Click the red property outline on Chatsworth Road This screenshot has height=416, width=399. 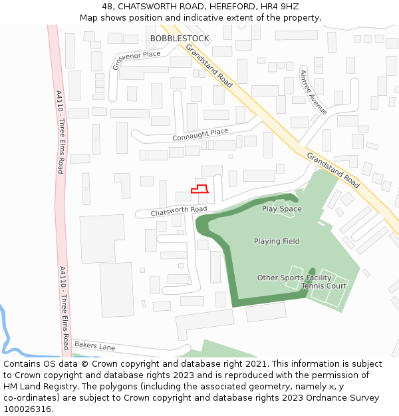201,189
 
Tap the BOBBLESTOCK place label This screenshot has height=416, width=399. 179,39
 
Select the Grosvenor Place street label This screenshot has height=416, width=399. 136,59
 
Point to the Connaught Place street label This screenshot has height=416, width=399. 200,134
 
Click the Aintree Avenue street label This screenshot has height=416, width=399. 313,92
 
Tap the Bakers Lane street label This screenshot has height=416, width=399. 94,346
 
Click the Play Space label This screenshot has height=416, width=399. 281,209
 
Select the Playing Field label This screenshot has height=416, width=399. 277,242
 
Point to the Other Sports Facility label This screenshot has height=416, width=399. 294,278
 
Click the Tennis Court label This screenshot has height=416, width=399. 324,286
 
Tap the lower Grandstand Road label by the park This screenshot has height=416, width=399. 333,170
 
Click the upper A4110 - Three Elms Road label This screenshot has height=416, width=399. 59,132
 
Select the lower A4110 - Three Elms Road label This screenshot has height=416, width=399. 64,308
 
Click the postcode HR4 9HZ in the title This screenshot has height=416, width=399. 285,7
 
